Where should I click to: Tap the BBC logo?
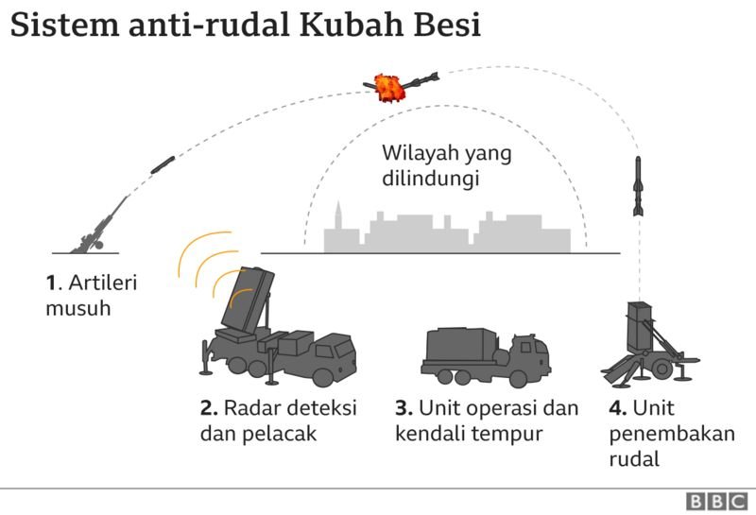714,501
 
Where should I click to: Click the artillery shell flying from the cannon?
162,163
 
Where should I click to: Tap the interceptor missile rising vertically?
639,187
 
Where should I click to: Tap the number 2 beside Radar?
207,409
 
